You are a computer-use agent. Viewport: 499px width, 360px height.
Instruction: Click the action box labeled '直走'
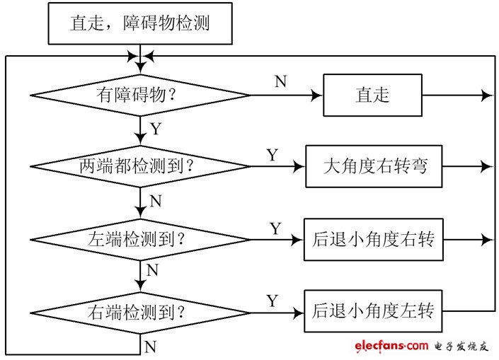372,95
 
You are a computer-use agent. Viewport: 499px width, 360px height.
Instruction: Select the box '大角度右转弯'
374,167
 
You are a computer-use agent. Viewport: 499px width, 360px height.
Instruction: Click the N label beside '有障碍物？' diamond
280,81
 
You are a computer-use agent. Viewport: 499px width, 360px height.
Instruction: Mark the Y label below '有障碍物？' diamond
156,130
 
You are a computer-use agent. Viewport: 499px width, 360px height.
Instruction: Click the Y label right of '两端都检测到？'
273,155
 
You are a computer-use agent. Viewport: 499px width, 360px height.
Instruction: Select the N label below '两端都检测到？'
156,202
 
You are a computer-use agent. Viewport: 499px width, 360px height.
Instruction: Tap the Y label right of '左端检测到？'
275,228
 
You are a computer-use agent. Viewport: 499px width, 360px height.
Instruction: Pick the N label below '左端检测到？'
152,271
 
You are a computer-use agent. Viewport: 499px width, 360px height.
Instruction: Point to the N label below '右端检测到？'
150,347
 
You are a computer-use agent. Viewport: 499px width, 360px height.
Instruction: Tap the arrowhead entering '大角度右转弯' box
300,167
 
